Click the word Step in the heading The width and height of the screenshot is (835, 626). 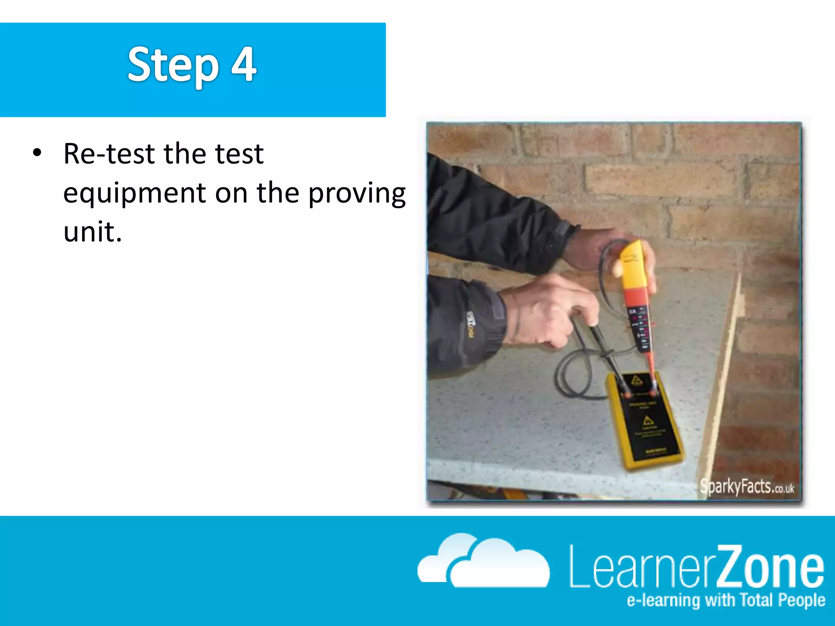point(173,65)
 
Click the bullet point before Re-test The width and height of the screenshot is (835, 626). point(37,153)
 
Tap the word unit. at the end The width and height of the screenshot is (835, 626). point(93,231)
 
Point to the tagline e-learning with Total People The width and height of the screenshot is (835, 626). point(726,600)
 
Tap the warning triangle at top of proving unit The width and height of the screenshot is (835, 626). point(637,381)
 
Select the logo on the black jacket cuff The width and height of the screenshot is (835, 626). point(471,324)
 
